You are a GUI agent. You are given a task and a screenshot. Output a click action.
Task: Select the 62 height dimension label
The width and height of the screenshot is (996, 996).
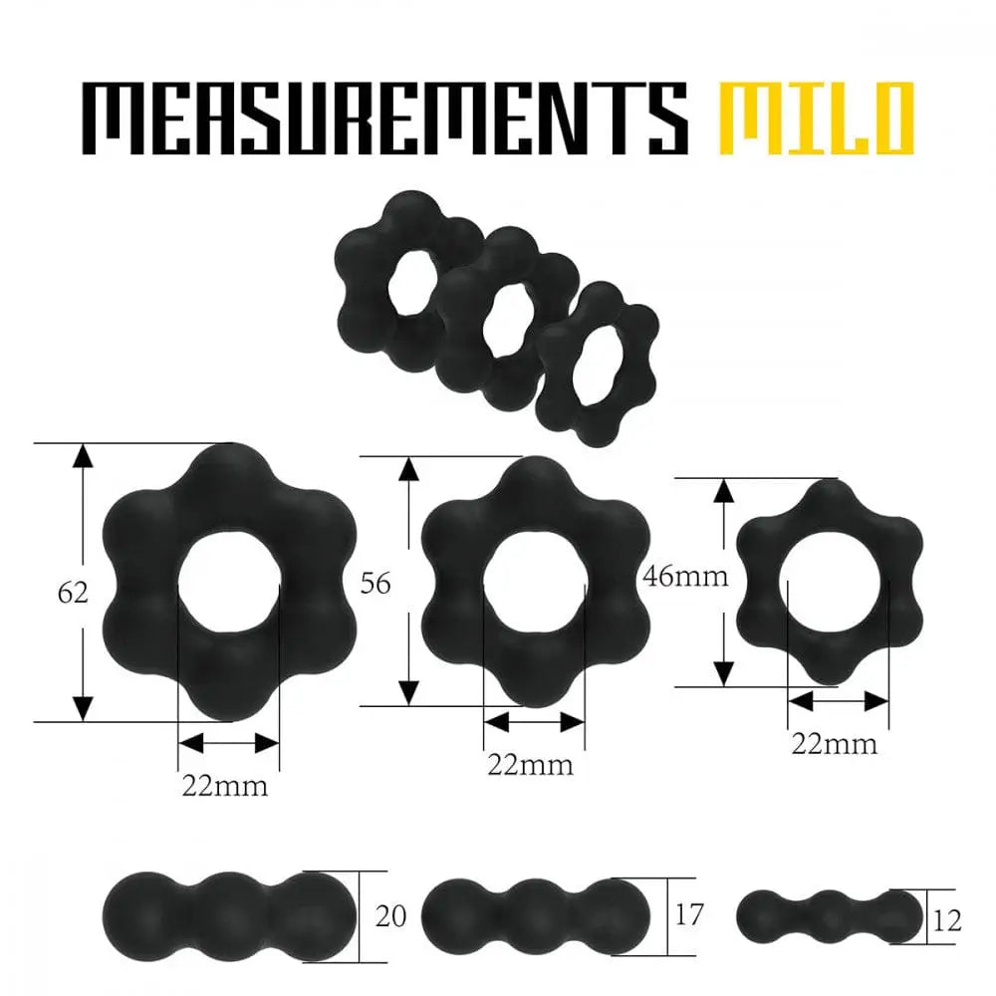73,594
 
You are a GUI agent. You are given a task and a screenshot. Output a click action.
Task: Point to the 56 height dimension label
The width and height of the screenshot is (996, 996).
374,584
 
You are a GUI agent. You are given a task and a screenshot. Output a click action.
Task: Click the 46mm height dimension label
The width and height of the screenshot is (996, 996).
685,576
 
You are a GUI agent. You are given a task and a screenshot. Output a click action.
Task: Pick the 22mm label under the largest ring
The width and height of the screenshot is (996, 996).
224,786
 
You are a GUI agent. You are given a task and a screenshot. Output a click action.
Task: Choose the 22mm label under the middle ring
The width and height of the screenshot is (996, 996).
530,765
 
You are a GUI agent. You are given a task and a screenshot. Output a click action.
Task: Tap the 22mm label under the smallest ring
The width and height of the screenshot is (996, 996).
834,743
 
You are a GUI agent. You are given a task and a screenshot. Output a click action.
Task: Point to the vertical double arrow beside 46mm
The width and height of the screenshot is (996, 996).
724,582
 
